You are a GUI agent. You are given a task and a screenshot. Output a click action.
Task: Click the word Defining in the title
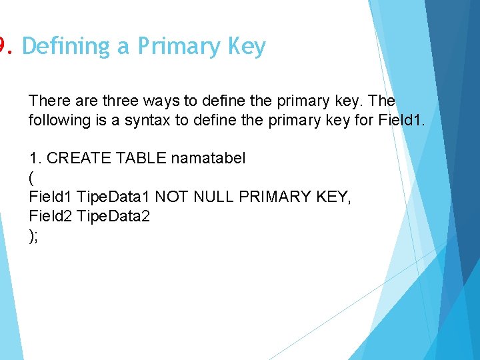point(65,47)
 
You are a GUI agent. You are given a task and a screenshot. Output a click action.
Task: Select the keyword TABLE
point(141,159)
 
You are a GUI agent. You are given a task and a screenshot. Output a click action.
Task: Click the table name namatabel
point(209,159)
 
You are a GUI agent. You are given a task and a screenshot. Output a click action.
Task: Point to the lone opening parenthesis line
point(31,178)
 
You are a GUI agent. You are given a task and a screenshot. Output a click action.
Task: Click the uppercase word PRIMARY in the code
point(271,197)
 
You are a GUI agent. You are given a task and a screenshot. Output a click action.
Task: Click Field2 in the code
point(51,216)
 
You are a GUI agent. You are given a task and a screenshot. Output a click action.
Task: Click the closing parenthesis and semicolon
point(33,235)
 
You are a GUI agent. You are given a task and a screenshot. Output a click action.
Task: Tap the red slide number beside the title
point(3,47)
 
